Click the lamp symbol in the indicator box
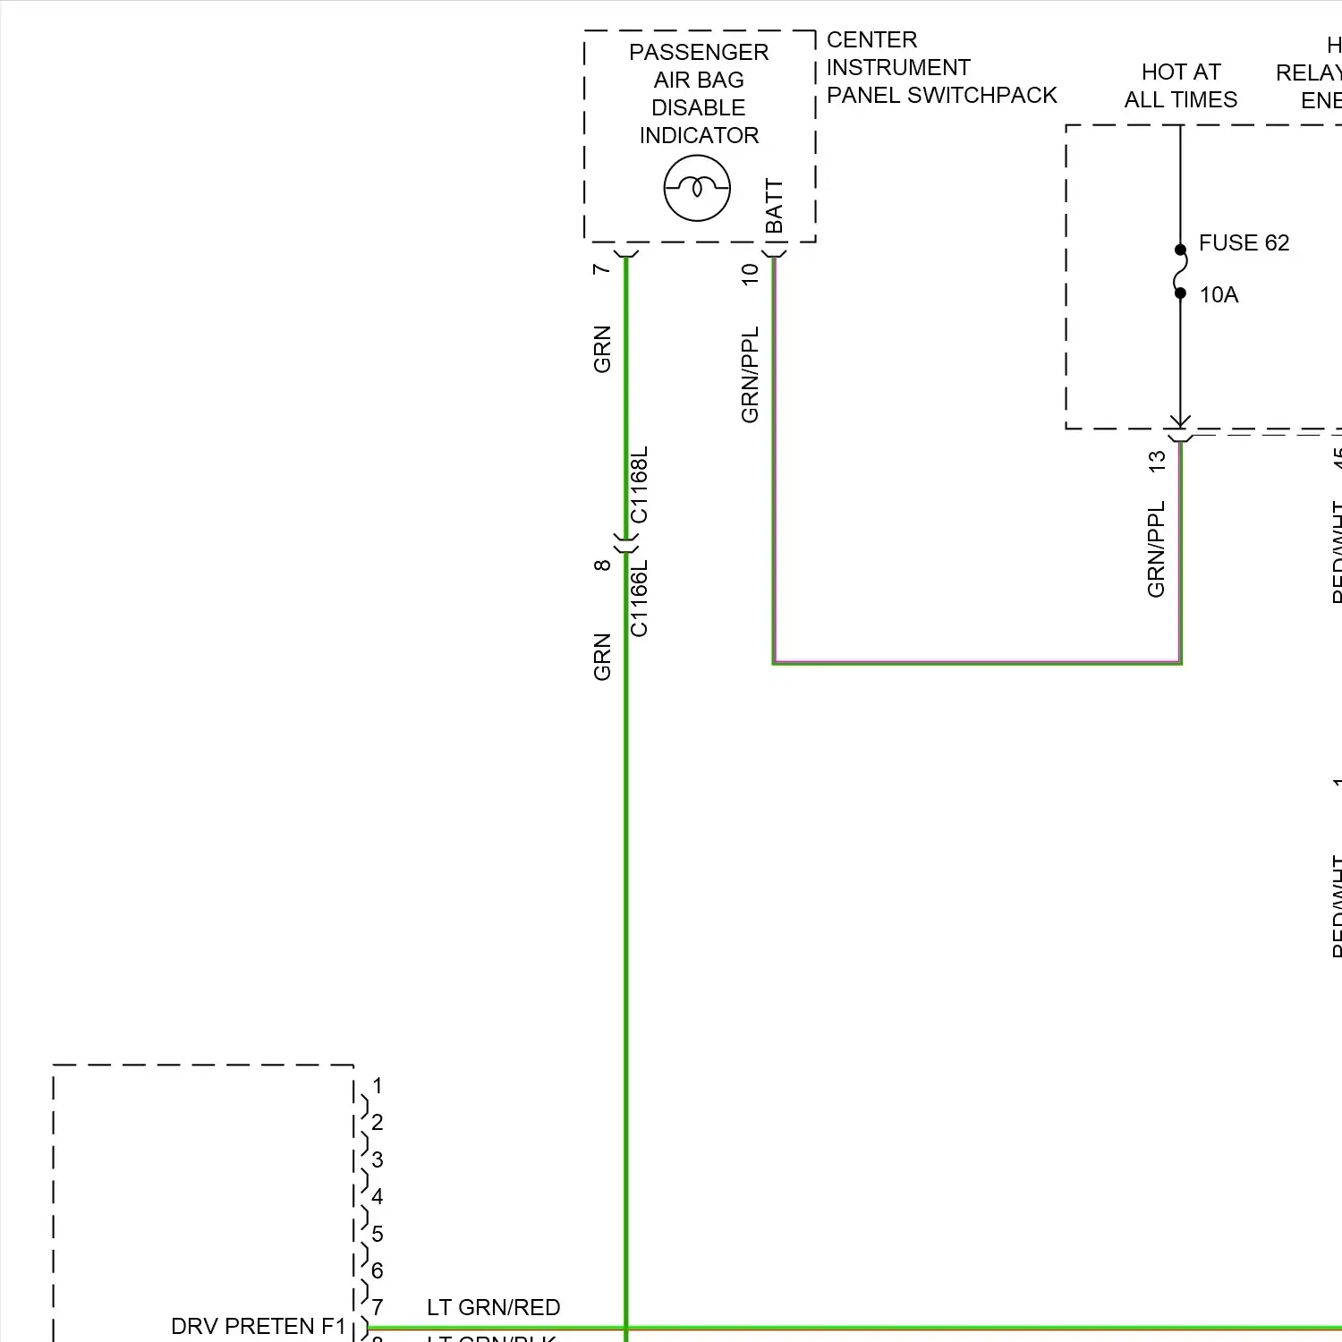click(697, 188)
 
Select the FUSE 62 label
click(1244, 243)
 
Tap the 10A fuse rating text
click(1219, 295)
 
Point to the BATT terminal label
click(775, 207)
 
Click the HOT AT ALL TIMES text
click(1181, 86)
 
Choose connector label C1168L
click(640, 485)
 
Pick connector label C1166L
click(640, 599)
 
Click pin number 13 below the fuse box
click(1157, 462)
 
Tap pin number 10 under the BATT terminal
click(751, 274)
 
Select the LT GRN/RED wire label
click(493, 1307)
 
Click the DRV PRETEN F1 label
click(258, 1326)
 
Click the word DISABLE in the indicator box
click(699, 108)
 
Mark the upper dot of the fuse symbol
click(1180, 250)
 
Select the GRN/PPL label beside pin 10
click(751, 375)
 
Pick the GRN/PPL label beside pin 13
click(1157, 549)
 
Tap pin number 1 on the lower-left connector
click(378, 1086)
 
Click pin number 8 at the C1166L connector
click(602, 565)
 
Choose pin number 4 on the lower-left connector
click(378, 1197)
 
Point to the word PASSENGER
click(699, 53)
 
